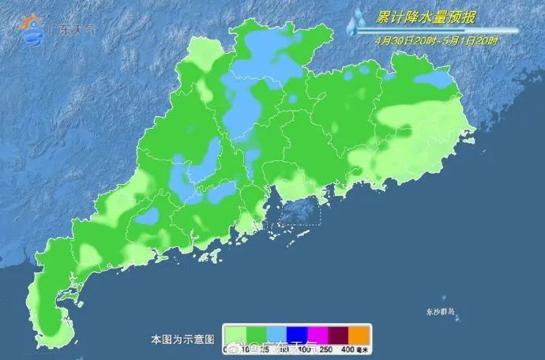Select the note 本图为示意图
pos(182,339)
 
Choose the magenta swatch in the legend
pos(317,334)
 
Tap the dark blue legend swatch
pos(296,334)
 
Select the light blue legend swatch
pos(276,334)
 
